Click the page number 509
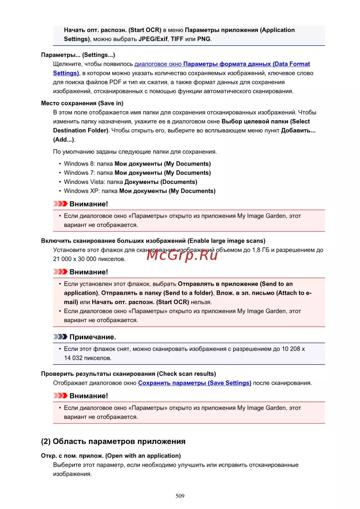(x=180, y=496)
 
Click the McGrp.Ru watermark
(x=182, y=255)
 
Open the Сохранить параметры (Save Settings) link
(x=194, y=383)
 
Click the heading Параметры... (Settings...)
(x=78, y=55)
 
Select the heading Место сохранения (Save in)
(x=82, y=103)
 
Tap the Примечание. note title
(x=93, y=337)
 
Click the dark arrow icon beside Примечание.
(x=60, y=337)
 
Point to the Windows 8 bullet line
(x=137, y=164)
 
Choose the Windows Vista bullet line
(x=130, y=182)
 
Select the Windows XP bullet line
(x=140, y=191)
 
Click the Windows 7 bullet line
(x=137, y=173)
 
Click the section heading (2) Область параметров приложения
(x=113, y=441)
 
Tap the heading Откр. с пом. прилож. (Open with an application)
(x=111, y=456)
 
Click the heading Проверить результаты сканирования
(x=129, y=374)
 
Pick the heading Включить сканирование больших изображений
(x=153, y=241)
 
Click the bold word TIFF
(x=177, y=39)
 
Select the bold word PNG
(x=204, y=39)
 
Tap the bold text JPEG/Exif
(x=153, y=39)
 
